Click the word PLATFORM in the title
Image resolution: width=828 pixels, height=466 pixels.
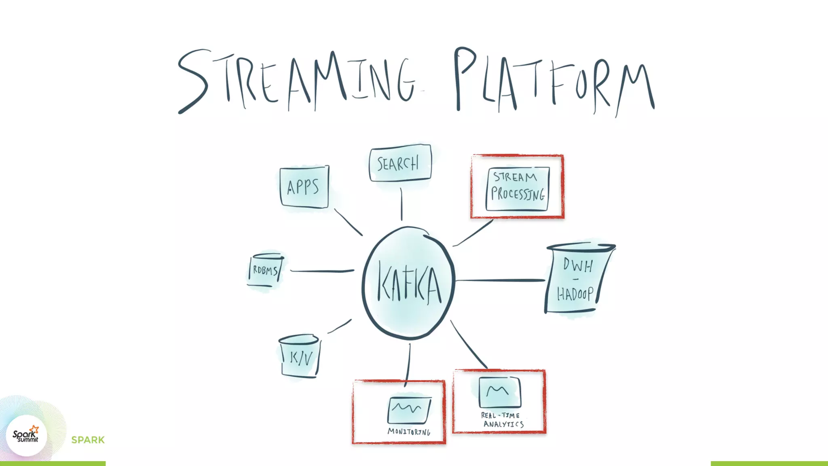click(554, 81)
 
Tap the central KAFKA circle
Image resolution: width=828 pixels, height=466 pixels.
click(408, 283)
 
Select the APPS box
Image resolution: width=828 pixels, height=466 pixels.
click(304, 187)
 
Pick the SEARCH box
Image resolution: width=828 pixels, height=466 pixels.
click(400, 163)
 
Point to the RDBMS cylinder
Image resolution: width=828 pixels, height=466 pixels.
click(265, 270)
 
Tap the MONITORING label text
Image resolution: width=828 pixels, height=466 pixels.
click(409, 432)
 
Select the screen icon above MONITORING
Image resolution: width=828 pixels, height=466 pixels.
click(409, 409)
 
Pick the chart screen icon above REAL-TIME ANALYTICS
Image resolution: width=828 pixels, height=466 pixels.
click(499, 392)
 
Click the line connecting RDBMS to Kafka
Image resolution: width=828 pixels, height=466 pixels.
click(322, 271)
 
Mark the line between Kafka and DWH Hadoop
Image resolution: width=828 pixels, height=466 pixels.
click(501, 280)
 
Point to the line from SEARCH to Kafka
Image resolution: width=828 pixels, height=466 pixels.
click(401, 204)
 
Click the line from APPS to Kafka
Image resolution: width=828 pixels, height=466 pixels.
click(348, 222)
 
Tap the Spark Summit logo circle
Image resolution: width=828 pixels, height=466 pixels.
click(26, 436)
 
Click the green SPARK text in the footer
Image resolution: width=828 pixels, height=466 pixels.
click(88, 440)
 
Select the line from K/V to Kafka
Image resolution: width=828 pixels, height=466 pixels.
click(339, 326)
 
